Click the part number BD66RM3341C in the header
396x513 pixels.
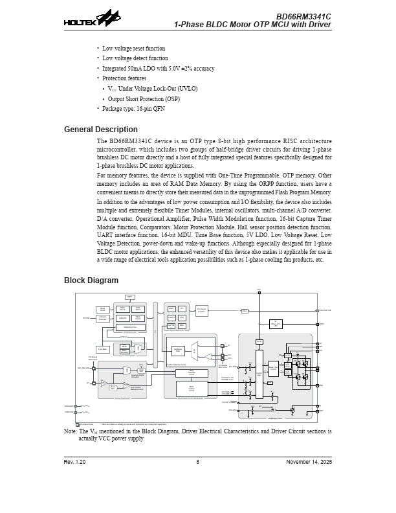point(303,16)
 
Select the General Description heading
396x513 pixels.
point(100,130)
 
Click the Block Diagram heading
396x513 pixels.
point(91,280)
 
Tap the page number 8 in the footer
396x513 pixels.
point(197,462)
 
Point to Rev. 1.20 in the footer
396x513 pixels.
point(74,462)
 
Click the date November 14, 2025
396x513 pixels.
point(309,462)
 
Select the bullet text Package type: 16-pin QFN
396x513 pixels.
point(133,109)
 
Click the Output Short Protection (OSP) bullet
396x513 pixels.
point(144,99)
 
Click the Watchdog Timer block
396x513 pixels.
point(129,327)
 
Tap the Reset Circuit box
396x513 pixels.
point(102,310)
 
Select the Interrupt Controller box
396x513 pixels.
point(102,318)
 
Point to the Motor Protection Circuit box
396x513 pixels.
point(192,372)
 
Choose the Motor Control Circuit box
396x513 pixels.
point(192,388)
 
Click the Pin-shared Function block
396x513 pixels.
point(202,311)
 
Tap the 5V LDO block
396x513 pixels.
point(275,323)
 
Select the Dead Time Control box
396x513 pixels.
point(274,369)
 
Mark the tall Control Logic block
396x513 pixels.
point(259,374)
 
